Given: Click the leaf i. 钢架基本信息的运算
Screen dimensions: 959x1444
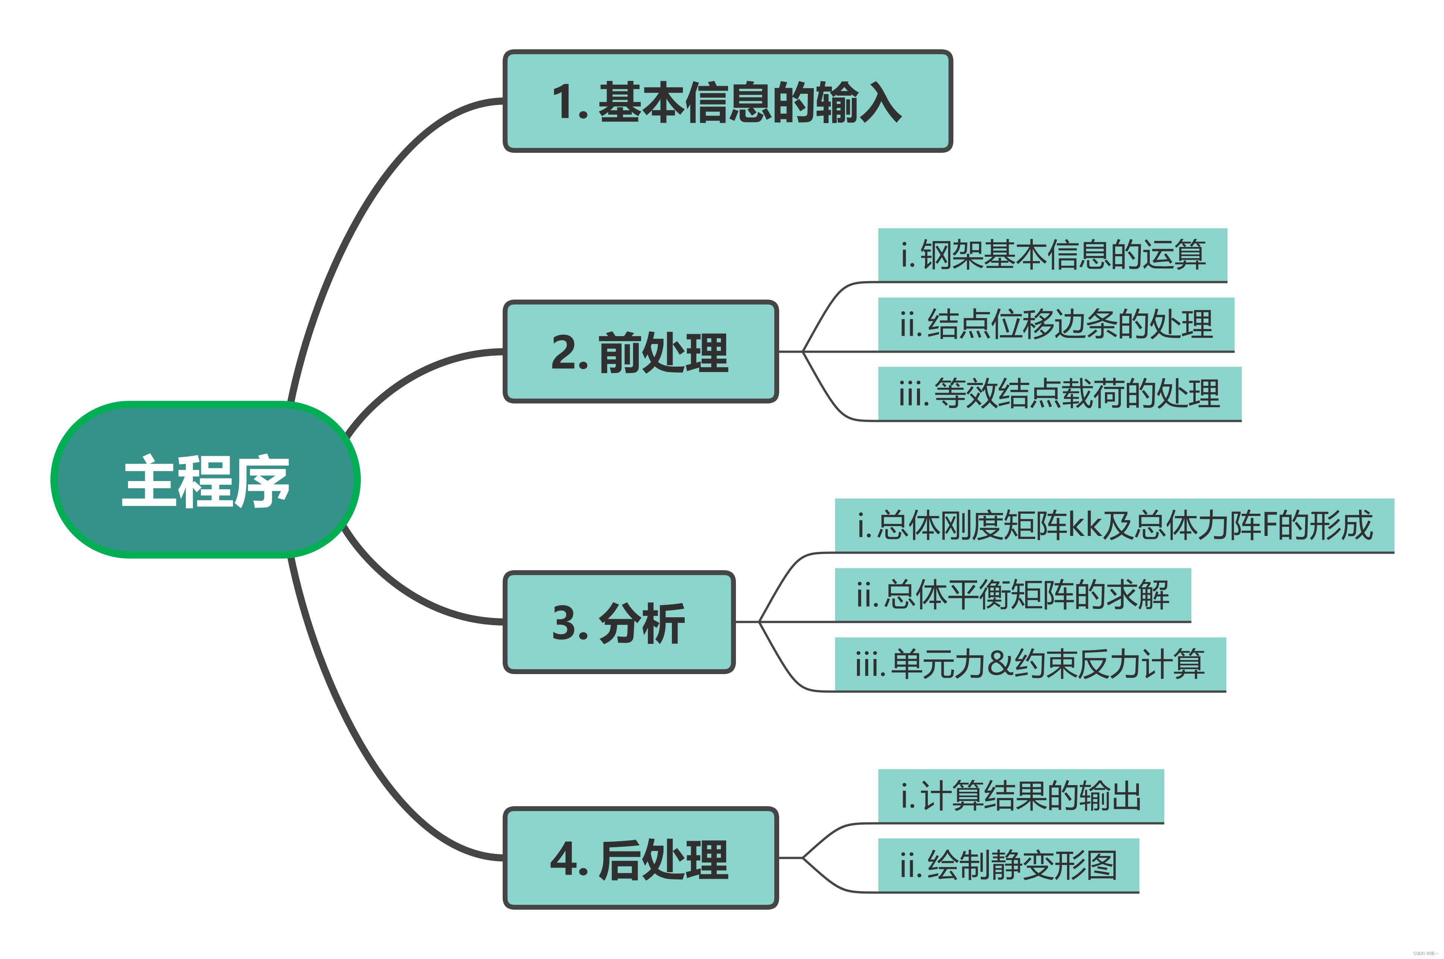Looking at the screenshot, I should [x=1052, y=255].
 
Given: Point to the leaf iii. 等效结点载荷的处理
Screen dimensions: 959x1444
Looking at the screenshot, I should [x=1059, y=393].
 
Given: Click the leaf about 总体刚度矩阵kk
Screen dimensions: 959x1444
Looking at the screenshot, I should [x=1114, y=525].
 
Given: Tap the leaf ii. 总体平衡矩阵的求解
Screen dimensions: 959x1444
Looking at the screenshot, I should [x=1012, y=595].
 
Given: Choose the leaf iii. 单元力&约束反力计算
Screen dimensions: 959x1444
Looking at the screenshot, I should [x=1030, y=664].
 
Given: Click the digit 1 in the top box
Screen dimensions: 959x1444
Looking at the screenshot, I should [x=564, y=102].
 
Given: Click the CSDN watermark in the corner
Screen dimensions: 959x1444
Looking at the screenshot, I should [x=1425, y=953].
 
